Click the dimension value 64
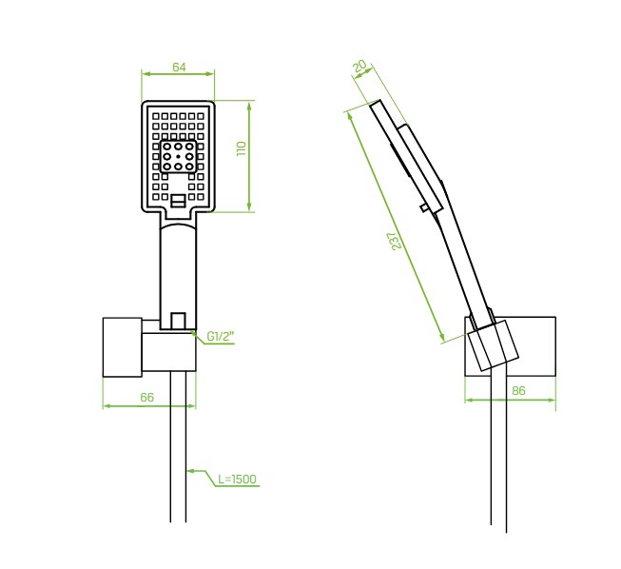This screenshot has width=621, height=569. [179, 68]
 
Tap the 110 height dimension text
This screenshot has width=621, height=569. [242, 148]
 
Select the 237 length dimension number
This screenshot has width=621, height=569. [397, 241]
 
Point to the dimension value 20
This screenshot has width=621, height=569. [360, 67]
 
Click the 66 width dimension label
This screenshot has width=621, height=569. [147, 397]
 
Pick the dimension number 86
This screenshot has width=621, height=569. [518, 391]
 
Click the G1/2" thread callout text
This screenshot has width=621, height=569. [221, 337]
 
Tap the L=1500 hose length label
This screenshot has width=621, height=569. [237, 479]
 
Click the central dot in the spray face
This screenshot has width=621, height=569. [178, 157]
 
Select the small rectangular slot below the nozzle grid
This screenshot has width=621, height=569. [178, 201]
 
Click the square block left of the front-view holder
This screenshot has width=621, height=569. [123, 346]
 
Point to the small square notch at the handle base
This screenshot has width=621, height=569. [178, 321]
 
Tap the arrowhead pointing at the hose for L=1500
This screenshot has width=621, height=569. [189, 471]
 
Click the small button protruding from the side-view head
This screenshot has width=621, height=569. [424, 207]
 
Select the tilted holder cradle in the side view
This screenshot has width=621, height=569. [493, 344]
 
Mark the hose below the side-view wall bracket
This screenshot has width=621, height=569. [498, 452]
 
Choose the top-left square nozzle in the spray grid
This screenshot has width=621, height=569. [156, 116]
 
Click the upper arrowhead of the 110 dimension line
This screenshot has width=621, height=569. [249, 105]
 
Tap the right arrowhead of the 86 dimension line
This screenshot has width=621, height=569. [553, 401]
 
